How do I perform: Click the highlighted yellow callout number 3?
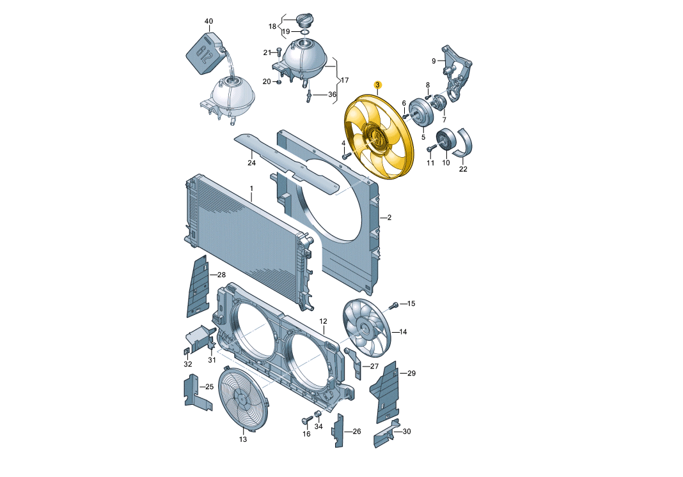point(378,85)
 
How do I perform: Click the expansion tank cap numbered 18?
point(304,19)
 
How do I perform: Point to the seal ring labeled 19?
point(305,31)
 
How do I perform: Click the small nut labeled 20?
point(279,81)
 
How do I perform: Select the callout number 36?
point(332,95)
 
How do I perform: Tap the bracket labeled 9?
point(455,73)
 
